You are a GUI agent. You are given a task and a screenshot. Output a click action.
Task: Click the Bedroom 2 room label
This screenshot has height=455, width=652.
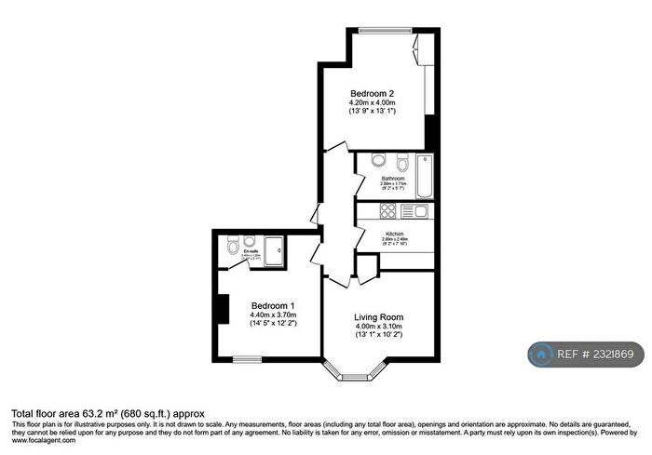(372, 93)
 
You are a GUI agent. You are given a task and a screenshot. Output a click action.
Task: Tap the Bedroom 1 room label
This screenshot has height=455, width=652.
(273, 305)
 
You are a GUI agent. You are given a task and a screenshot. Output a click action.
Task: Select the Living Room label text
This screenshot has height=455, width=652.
(379, 316)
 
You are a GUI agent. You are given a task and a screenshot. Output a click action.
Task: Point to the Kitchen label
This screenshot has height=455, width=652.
(395, 233)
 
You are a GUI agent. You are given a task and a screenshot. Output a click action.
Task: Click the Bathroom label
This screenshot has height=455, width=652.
(392, 178)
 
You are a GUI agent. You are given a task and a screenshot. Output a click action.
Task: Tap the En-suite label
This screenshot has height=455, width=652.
(251, 251)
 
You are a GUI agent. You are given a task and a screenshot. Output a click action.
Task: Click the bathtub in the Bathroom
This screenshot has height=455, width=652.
(424, 176)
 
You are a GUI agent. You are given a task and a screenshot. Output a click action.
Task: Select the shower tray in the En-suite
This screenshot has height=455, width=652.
(275, 250)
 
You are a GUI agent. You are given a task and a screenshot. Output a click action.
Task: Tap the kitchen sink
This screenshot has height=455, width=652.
(418, 211)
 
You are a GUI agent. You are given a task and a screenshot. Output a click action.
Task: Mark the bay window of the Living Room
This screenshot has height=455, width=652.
(352, 376)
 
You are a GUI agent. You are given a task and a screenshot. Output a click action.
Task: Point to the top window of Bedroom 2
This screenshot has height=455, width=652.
(383, 31)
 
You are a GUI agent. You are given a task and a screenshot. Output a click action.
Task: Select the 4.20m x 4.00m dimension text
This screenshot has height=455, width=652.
(372, 102)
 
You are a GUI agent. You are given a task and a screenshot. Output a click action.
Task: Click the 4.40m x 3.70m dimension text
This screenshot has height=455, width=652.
(273, 314)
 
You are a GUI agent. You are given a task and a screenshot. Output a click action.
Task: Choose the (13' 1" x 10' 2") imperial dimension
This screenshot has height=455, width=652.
(379, 335)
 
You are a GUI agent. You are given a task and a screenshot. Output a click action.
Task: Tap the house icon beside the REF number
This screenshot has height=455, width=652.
(540, 355)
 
